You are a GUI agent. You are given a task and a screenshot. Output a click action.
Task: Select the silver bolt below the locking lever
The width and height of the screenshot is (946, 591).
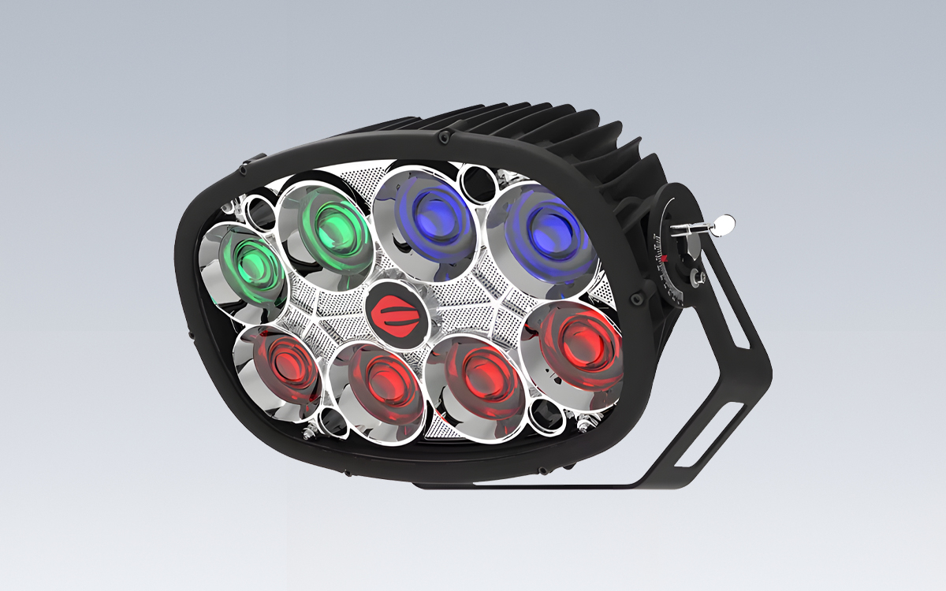click(697, 277)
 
